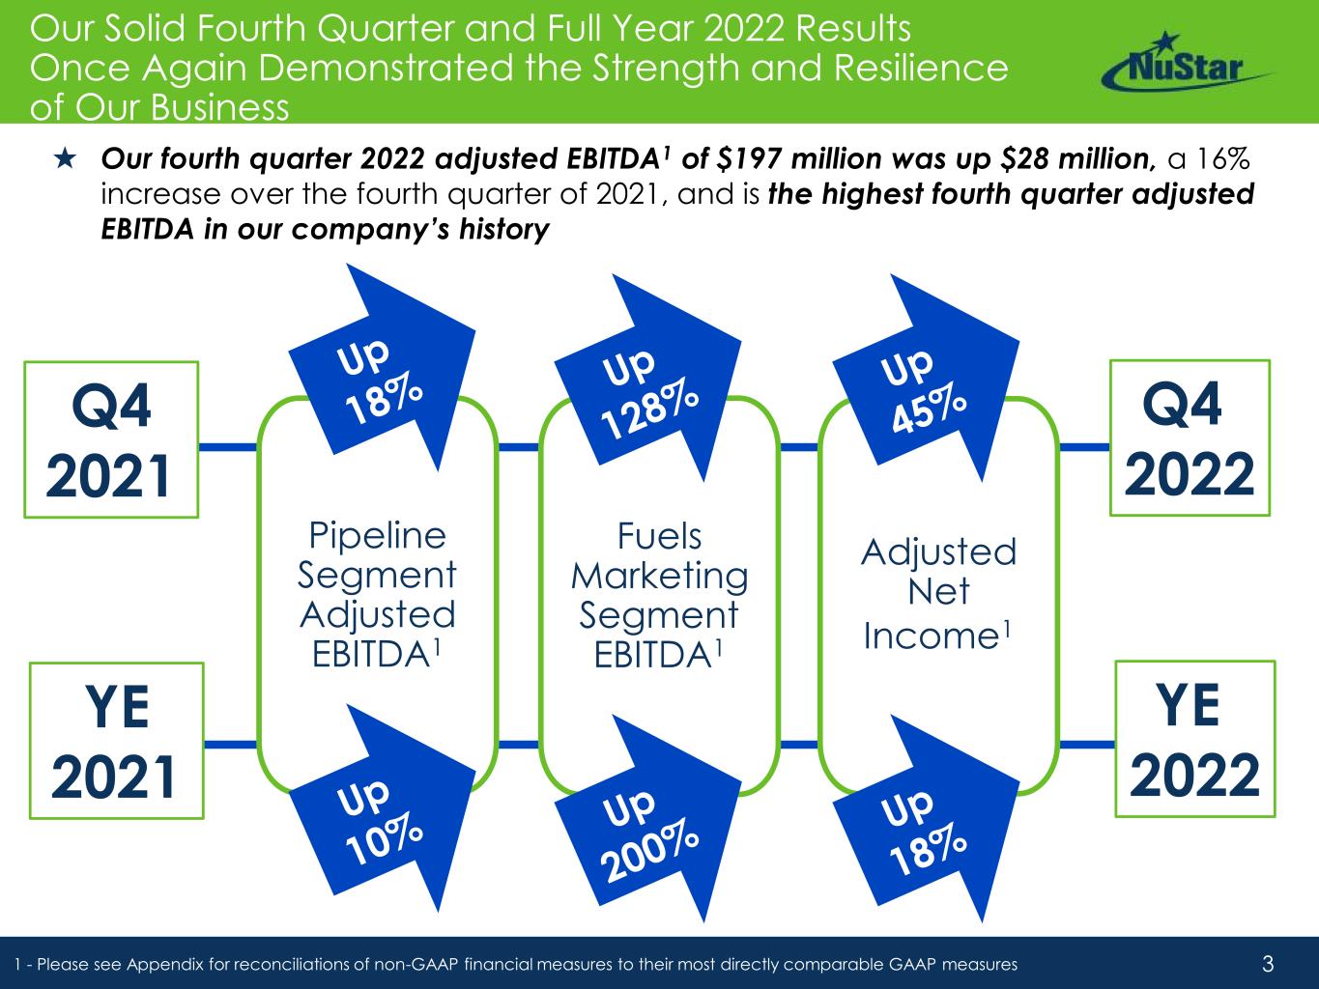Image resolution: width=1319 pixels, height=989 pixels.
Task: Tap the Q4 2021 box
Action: (111, 440)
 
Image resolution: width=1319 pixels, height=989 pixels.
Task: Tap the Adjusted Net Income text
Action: (938, 593)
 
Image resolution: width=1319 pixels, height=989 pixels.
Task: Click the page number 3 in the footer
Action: (1269, 963)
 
